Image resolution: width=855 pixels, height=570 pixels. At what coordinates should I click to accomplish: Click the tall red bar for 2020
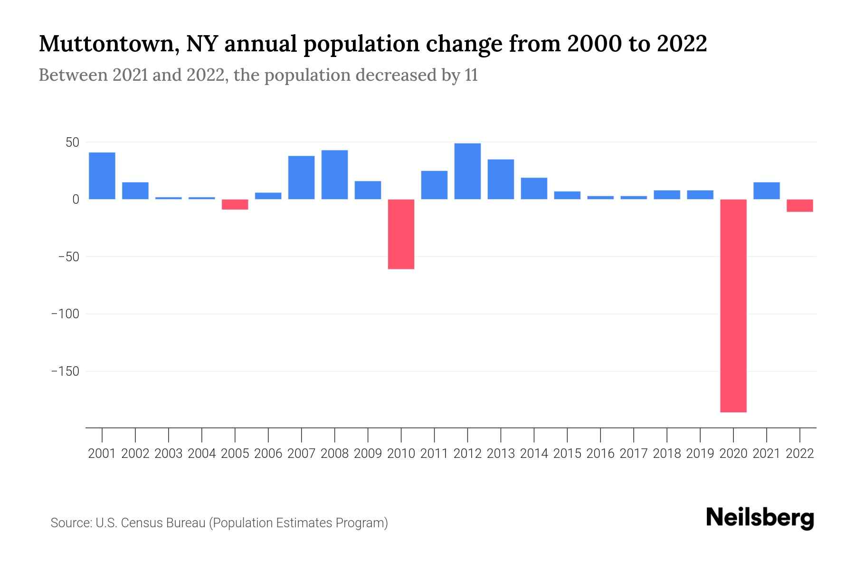click(x=733, y=305)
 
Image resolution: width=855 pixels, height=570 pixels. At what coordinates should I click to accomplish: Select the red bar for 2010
click(x=401, y=234)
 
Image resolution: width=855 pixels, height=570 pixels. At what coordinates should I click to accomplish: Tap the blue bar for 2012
click(x=467, y=171)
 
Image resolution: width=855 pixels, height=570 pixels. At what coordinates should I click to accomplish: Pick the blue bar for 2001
click(x=102, y=176)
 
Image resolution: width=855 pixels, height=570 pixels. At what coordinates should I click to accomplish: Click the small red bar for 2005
click(x=235, y=204)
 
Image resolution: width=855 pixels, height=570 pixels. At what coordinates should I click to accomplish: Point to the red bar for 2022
click(x=800, y=205)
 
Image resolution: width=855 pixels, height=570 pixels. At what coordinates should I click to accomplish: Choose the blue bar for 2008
click(x=335, y=174)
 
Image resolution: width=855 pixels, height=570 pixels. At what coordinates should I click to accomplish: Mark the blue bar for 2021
click(x=767, y=190)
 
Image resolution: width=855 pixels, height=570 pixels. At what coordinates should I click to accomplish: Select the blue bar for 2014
click(x=534, y=188)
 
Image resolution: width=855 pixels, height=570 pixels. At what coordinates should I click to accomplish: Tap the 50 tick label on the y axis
click(x=72, y=142)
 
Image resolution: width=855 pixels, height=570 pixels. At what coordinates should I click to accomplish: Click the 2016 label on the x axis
click(x=600, y=454)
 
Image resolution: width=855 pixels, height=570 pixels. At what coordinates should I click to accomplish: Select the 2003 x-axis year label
click(x=169, y=454)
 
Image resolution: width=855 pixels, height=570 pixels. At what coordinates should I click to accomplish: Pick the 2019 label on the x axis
click(x=700, y=454)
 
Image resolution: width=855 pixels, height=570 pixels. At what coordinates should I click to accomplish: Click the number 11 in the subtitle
click(x=471, y=75)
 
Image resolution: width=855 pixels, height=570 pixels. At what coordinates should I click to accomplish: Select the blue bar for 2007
click(x=302, y=177)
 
